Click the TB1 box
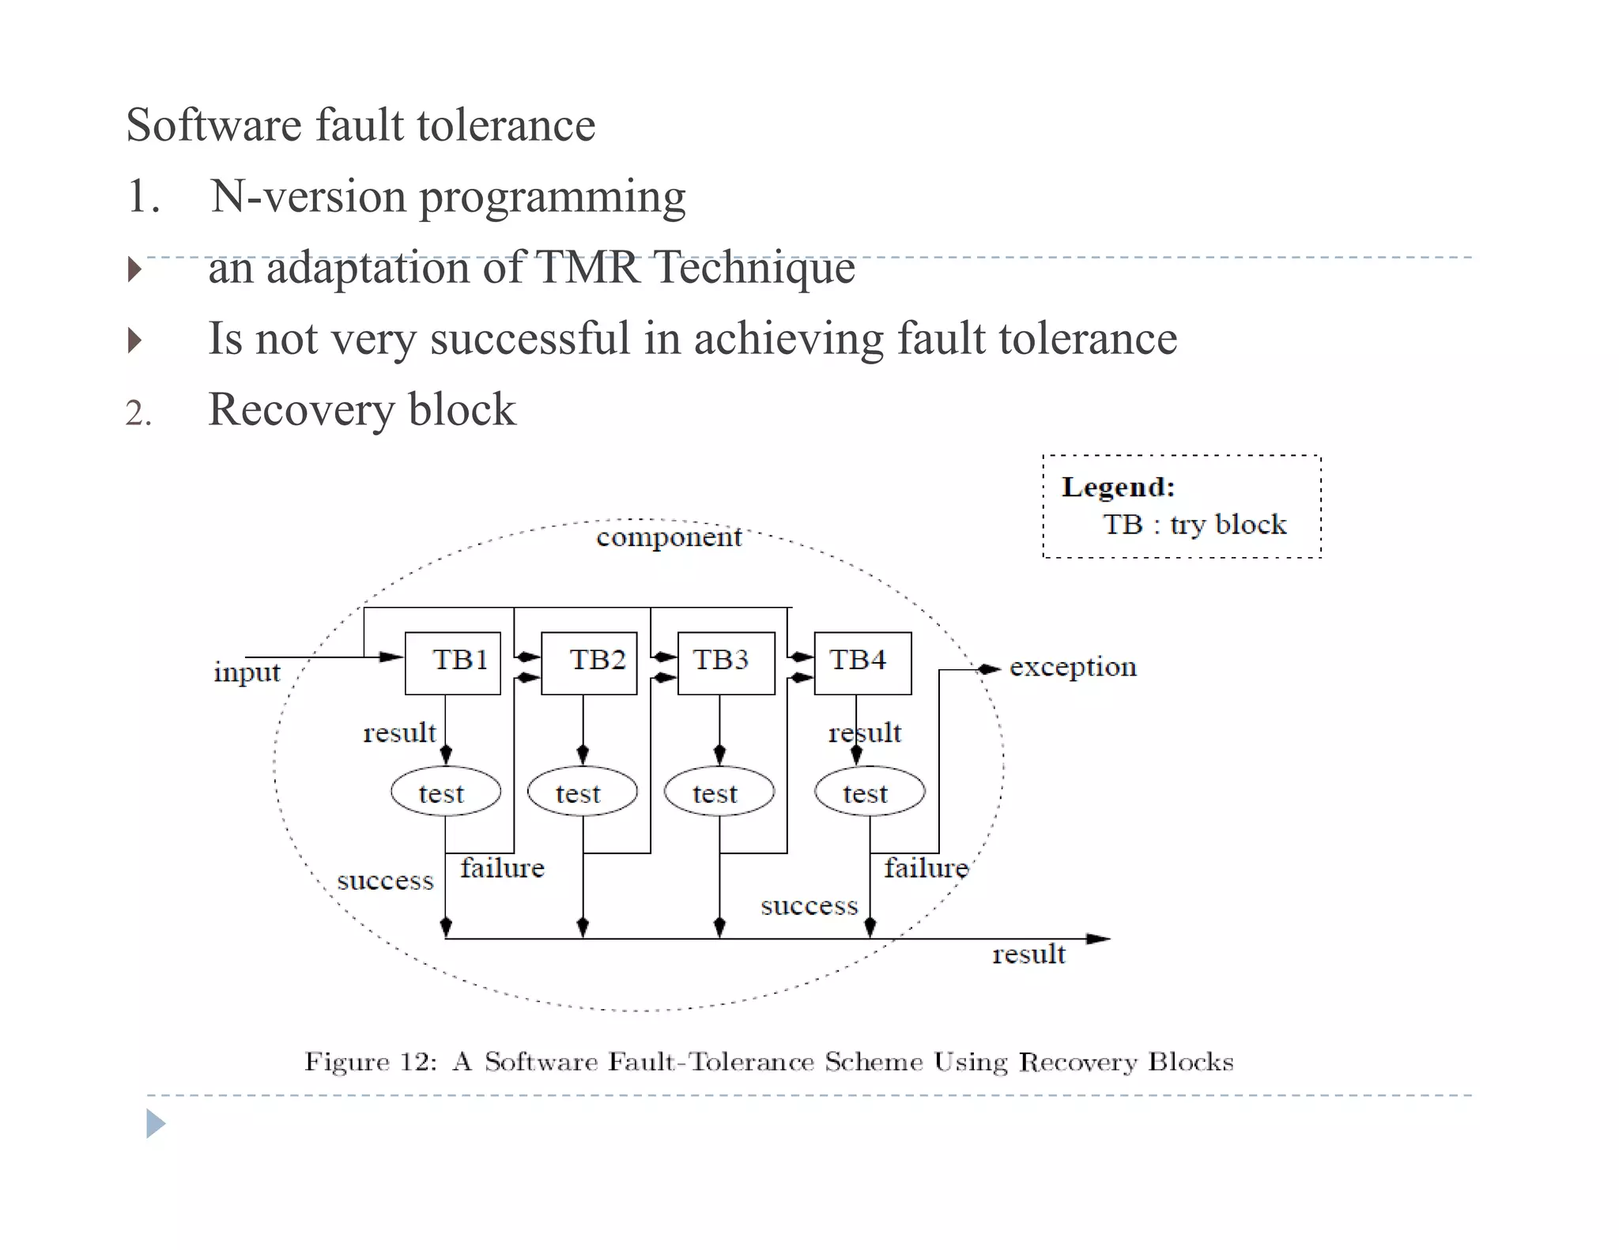(453, 663)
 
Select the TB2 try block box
(589, 663)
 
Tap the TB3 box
(726, 663)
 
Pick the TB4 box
(862, 663)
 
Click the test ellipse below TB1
(446, 792)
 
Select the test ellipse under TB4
(870, 792)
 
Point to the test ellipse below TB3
(719, 792)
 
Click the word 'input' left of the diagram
(247, 672)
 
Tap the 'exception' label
(1073, 667)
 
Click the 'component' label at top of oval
(669, 537)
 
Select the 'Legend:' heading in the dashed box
(1118, 487)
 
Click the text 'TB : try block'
(1194, 525)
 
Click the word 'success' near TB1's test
(385, 880)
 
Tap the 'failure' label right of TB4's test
(926, 868)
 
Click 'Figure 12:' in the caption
(370, 1061)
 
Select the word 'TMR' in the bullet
(587, 267)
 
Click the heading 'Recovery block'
(362, 409)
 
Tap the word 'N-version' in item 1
(308, 196)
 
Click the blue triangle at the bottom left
(155, 1123)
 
